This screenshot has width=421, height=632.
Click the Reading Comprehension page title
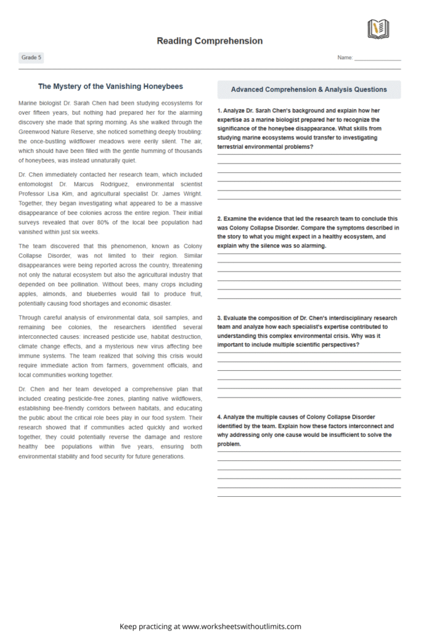tap(210, 41)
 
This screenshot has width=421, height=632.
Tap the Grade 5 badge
tap(31, 57)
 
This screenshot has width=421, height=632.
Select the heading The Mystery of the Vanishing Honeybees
tap(110, 86)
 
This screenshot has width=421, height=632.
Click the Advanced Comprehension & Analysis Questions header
tap(309, 89)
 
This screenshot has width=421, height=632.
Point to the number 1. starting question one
tap(219, 110)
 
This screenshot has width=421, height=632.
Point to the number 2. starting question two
tap(219, 218)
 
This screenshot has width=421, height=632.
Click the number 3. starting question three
tap(219, 318)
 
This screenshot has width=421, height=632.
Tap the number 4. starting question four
tap(219, 417)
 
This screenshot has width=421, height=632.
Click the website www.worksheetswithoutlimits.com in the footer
tap(242, 626)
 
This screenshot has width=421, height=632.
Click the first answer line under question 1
tap(309, 154)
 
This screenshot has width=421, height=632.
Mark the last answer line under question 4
tap(309, 496)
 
